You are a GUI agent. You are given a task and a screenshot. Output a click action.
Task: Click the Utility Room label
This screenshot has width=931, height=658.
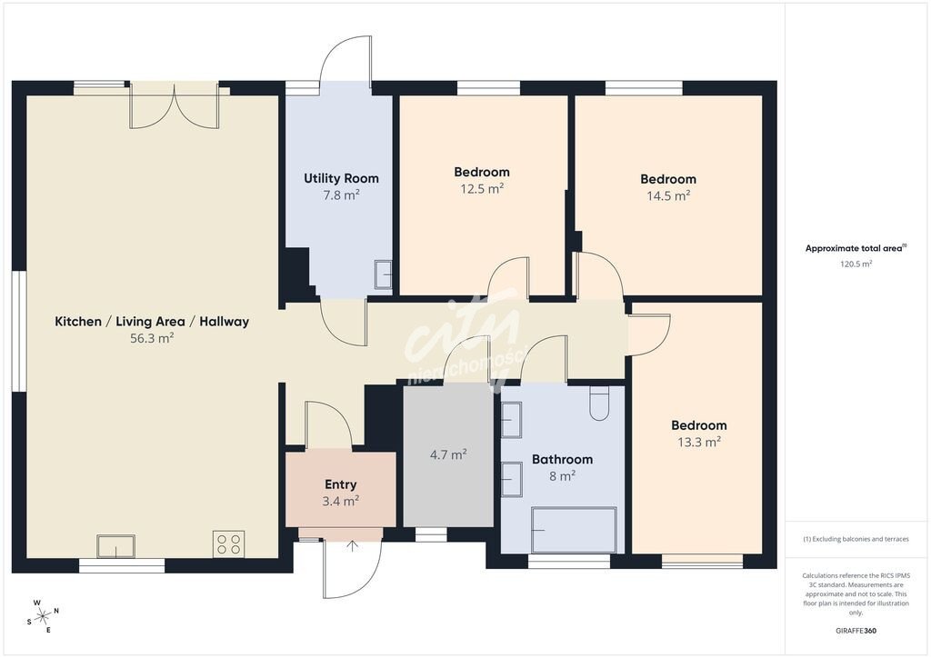click(341, 178)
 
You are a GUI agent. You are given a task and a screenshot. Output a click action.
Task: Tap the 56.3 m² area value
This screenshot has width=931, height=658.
click(152, 338)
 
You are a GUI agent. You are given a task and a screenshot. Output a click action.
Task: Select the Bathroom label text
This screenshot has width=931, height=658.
click(562, 459)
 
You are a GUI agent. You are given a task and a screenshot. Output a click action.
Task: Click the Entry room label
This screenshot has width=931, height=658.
click(341, 484)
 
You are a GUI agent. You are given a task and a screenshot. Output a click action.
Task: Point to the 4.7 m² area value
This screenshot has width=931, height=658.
click(448, 454)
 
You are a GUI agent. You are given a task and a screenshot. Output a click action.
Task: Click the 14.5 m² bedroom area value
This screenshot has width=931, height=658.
click(668, 195)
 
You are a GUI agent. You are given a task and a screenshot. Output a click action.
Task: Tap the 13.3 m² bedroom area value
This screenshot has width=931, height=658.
click(699, 442)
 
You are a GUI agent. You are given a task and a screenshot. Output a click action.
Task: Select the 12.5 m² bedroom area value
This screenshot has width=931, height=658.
click(482, 189)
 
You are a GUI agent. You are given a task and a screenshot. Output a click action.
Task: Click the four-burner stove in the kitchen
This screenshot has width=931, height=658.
click(228, 544)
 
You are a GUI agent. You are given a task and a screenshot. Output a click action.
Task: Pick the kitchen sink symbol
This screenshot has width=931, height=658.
click(115, 546)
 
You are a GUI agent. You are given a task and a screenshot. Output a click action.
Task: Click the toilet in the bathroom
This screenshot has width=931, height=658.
click(599, 403)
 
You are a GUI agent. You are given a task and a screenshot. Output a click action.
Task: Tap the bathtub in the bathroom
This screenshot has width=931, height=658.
click(574, 530)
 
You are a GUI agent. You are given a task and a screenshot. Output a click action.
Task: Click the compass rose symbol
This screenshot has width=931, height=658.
click(43, 616)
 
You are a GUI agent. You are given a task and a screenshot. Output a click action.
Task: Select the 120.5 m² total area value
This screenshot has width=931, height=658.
click(856, 264)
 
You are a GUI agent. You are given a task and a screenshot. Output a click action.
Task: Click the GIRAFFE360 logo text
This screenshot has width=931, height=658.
click(856, 631)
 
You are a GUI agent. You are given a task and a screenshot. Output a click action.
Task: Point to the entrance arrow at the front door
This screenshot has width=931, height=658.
click(352, 546)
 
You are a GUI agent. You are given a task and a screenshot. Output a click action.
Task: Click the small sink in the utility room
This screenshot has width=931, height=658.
click(383, 274)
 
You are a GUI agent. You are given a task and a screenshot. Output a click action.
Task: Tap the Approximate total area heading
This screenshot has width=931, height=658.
click(856, 248)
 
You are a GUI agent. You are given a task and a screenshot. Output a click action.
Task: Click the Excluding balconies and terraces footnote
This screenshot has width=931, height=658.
click(856, 539)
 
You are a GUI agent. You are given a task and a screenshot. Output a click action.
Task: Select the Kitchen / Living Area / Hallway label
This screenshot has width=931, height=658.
click(152, 322)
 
